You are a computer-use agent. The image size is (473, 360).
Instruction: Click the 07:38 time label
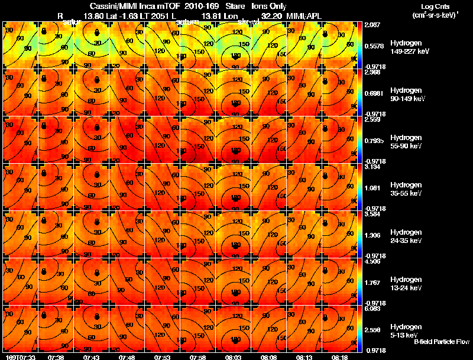57,357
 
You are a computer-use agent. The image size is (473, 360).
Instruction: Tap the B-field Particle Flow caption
441,342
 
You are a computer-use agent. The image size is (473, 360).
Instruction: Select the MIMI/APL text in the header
304,15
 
